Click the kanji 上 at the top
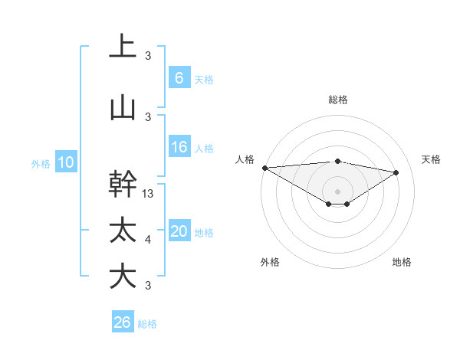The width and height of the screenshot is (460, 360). coord(123,45)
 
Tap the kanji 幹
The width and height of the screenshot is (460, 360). coord(123,184)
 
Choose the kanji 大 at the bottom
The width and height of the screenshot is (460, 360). coord(123,276)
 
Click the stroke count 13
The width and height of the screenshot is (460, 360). coord(149,194)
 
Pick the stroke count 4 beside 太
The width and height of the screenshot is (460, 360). coord(148,240)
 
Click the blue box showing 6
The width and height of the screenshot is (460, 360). coord(179,77)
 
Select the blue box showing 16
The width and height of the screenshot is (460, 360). coord(179,147)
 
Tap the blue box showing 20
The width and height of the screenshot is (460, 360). coord(179,231)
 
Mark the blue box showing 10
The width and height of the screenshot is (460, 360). coord(66,162)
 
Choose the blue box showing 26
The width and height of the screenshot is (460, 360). coord(122,323)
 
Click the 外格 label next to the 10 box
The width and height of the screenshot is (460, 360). coord(41,163)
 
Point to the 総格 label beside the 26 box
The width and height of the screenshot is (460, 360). coord(147,324)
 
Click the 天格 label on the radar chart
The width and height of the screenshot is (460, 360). coord(431,159)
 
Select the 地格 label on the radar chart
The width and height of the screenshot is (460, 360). coord(402,262)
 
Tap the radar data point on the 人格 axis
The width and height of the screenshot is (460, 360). coord(264,167)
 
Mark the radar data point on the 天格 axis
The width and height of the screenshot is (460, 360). coord(396,172)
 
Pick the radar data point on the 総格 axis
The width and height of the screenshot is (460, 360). coord(337,161)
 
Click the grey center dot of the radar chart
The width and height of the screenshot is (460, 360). coord(337,190)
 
